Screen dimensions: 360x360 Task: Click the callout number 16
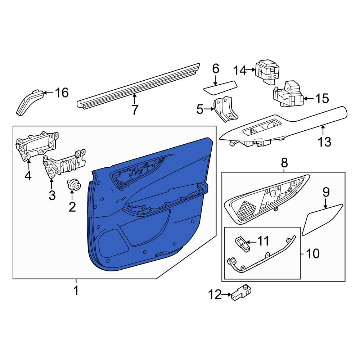(62, 93)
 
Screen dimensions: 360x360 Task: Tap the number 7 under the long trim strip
(135, 109)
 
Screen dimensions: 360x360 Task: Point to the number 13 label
(324, 141)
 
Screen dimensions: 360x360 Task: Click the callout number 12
(215, 294)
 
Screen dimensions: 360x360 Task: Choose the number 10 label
(313, 254)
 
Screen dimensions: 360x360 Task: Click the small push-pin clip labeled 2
(74, 185)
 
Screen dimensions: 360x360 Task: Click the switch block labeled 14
(267, 72)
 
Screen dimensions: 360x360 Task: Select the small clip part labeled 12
(241, 292)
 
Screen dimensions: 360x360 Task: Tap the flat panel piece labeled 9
(322, 220)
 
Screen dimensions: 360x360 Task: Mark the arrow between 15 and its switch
(309, 99)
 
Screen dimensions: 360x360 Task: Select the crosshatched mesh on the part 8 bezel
(246, 210)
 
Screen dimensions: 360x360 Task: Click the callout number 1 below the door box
(76, 291)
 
